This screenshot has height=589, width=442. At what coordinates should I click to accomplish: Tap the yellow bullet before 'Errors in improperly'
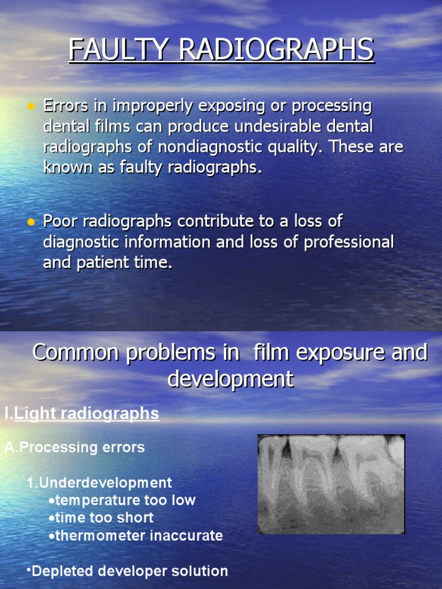click(x=31, y=106)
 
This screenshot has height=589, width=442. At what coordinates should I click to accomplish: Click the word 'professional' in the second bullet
click(x=349, y=242)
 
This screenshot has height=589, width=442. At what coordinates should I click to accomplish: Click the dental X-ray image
click(x=331, y=484)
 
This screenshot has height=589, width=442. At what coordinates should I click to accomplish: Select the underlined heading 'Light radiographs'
click(x=86, y=414)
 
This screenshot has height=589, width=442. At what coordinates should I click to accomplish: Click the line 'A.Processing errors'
click(x=75, y=447)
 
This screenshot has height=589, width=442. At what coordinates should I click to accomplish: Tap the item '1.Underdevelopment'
click(x=99, y=482)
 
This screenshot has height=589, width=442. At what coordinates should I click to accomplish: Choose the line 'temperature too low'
click(x=125, y=500)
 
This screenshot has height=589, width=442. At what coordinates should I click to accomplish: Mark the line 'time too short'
click(x=104, y=518)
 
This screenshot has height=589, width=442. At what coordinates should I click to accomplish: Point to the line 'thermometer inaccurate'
click(x=138, y=536)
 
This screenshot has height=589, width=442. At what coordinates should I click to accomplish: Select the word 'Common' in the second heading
click(x=73, y=353)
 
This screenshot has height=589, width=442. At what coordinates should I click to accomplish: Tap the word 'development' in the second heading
click(x=230, y=380)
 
